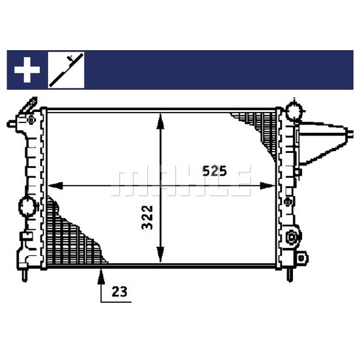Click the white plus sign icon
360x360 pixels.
coord(27,70)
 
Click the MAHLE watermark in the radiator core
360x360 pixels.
coord(181,181)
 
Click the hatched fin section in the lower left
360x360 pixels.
coord(72,234)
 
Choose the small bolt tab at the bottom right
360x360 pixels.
coord(301,258)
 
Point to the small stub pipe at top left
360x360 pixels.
coord(11,124)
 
